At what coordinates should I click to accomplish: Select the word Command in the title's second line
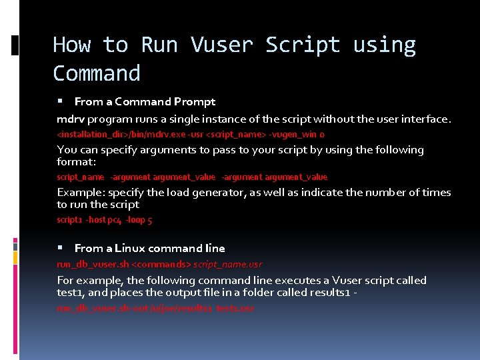[x=97, y=73]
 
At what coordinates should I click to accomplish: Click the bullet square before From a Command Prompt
[x=60, y=101]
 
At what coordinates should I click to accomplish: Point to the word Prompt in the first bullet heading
[x=195, y=101]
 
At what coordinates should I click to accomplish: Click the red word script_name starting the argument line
[x=80, y=177]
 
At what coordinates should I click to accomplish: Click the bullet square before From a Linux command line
[x=60, y=248]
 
